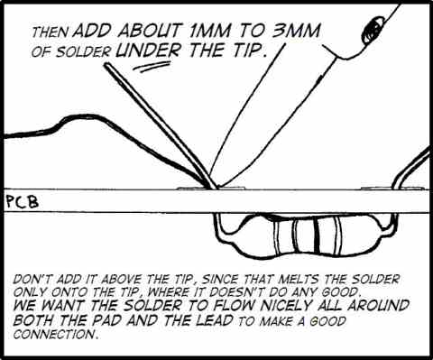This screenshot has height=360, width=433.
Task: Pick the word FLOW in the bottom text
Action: click(x=228, y=306)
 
